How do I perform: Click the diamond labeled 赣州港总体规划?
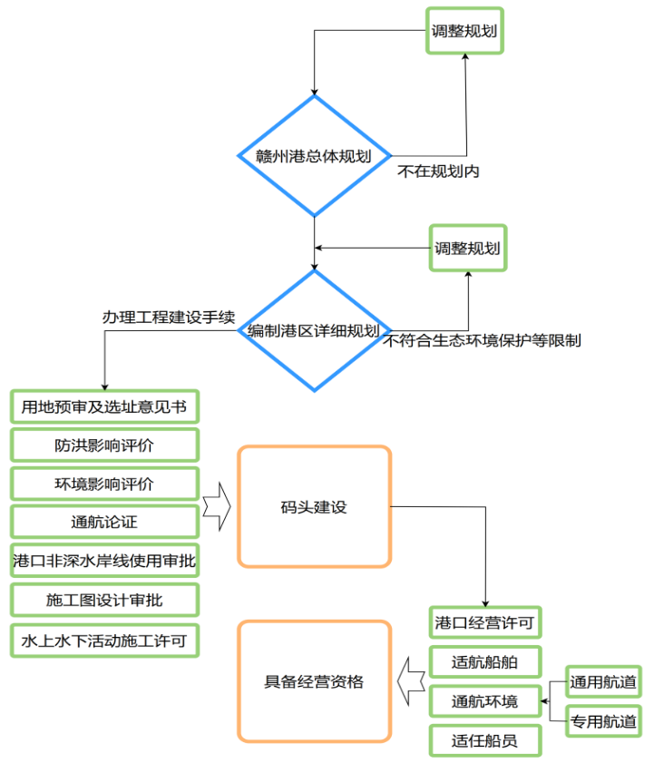[314, 156]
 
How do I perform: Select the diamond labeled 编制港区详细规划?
[314, 331]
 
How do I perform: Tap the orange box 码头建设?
[314, 506]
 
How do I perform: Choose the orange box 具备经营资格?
[314, 681]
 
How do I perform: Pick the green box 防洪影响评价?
[104, 445]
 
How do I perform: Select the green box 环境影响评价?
[104, 484]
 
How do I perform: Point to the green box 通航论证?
[104, 522]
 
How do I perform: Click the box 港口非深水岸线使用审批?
[104, 561]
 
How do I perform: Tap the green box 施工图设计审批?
[104, 600]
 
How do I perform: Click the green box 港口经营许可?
[484, 623]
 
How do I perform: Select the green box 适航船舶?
[484, 661]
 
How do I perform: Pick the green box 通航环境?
[484, 700]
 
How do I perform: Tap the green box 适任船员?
[484, 740]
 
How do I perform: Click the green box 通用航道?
[603, 681]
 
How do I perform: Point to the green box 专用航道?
[603, 721]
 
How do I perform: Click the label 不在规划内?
[438, 171]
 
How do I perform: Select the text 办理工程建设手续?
[169, 318]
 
